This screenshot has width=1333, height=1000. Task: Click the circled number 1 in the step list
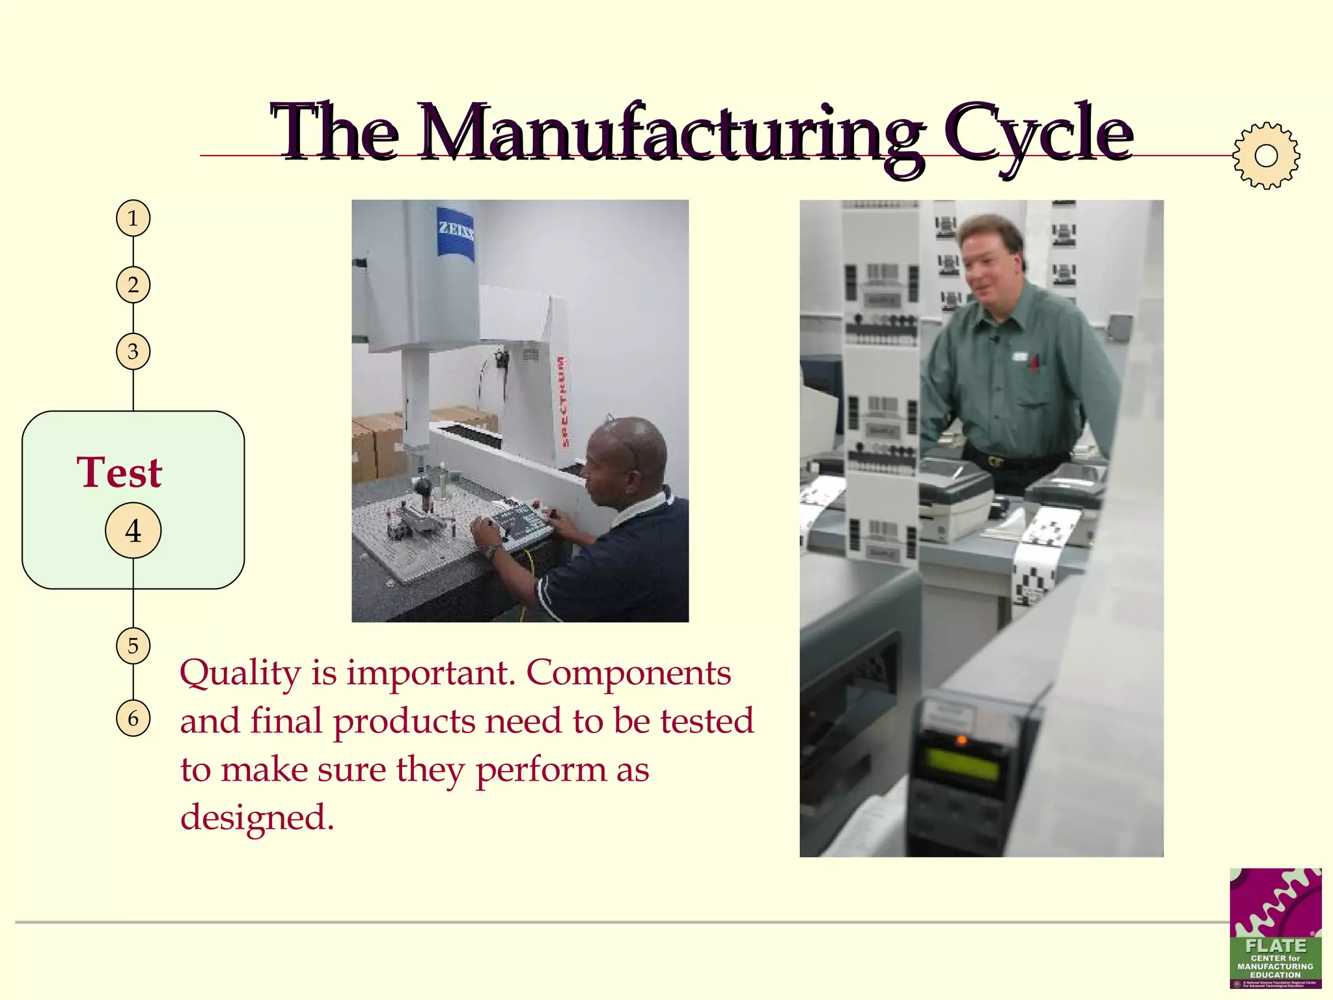tap(133, 218)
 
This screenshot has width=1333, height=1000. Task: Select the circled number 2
tap(133, 285)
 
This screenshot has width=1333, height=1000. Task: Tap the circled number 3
tap(133, 352)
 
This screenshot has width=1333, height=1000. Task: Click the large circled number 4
tap(133, 531)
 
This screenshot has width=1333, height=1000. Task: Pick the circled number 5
tap(133, 646)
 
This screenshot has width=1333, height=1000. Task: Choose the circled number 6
tap(133, 718)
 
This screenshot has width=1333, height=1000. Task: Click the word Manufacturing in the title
tap(670, 133)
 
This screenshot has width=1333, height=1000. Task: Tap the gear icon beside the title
tap(1265, 156)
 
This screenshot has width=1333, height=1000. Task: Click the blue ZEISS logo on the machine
tap(455, 231)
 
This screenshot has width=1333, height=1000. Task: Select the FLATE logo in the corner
tap(1275, 928)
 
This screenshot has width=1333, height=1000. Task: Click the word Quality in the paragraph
tap(240, 674)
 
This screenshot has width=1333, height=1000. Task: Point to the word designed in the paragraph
tap(256, 818)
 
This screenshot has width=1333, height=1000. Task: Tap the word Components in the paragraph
tap(628, 674)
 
